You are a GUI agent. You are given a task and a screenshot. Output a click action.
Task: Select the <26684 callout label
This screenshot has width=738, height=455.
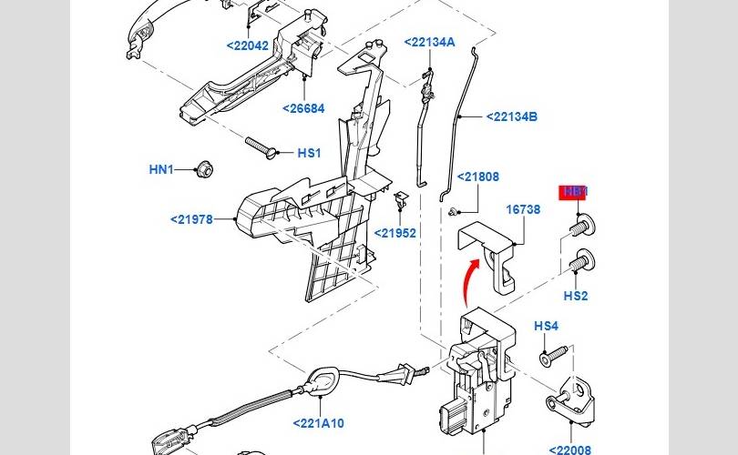point(302,108)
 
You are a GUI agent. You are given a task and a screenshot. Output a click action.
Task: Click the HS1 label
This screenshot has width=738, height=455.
point(309,153)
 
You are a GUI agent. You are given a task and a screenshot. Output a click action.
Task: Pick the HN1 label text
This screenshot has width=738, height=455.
point(161,169)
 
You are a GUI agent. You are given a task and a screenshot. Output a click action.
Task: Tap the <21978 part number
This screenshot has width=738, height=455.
point(191,218)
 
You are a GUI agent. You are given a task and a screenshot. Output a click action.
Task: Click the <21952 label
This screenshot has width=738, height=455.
point(395,233)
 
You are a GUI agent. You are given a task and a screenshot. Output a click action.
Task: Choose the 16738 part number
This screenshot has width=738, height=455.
point(523,209)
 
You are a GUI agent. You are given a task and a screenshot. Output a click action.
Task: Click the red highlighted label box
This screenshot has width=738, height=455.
point(574,192)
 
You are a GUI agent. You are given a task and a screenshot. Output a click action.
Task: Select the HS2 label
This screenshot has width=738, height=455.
point(576,296)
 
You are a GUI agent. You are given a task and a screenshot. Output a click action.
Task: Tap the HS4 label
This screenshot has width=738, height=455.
point(546,326)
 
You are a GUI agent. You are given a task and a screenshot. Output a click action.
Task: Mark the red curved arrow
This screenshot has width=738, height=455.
point(468,278)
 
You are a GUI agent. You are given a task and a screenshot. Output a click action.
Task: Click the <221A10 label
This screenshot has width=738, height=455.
point(319,423)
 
